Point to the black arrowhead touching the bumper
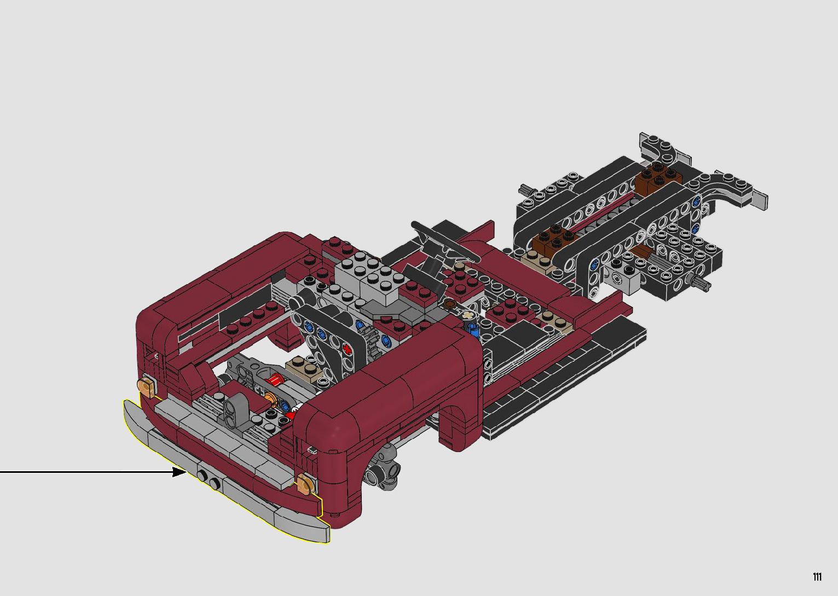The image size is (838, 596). pos(180,472)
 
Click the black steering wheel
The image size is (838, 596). pos(445,242)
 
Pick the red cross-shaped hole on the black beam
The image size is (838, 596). pos(347,349)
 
